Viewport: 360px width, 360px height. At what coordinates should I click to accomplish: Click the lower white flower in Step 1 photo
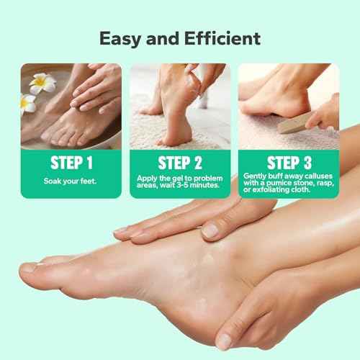[x=27, y=103]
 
